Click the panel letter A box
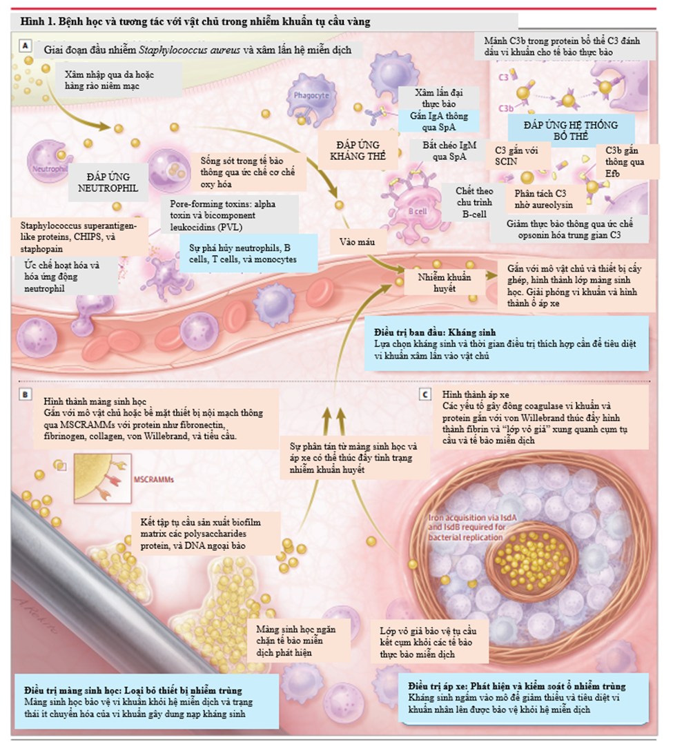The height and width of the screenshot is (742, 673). [26, 46]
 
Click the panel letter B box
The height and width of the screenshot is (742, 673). [26, 395]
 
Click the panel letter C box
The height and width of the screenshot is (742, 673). [426, 394]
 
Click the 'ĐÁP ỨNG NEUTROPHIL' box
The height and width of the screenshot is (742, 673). [113, 181]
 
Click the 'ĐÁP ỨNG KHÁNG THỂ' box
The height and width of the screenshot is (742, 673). [356, 150]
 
